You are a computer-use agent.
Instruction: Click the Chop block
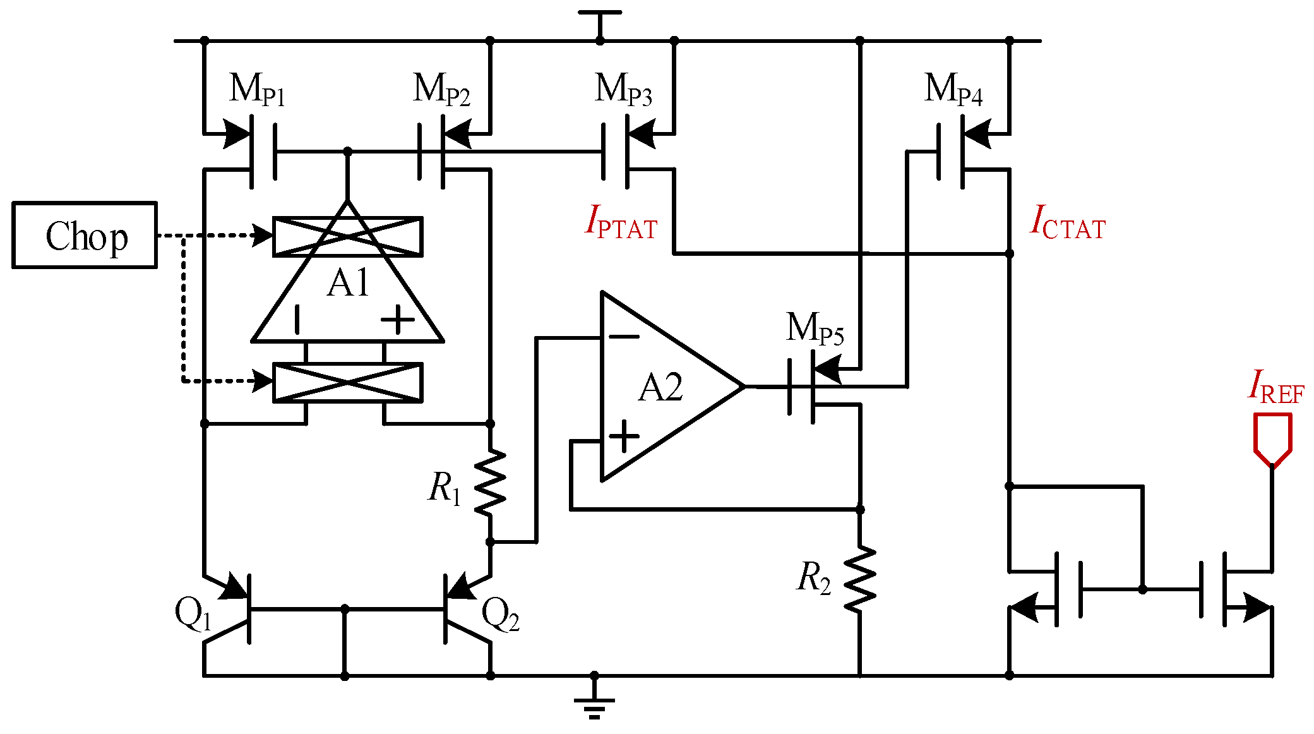coord(84,235)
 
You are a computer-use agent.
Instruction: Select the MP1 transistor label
coord(257,89)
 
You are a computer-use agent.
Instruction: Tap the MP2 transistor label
coord(441,89)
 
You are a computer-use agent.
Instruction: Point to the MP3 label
coord(623,89)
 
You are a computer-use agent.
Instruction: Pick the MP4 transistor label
coord(953,89)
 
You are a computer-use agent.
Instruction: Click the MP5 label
coord(815,328)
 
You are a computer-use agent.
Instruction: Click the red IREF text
coord(1275,387)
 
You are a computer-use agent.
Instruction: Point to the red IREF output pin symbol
coord(1272,439)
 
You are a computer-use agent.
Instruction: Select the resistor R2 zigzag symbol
coord(860,578)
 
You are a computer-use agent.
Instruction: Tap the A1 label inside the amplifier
coord(348,283)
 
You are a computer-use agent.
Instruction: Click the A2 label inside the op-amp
coord(660,387)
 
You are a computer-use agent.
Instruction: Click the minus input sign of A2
coord(624,337)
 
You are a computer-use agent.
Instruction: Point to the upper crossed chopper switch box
coord(348,236)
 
